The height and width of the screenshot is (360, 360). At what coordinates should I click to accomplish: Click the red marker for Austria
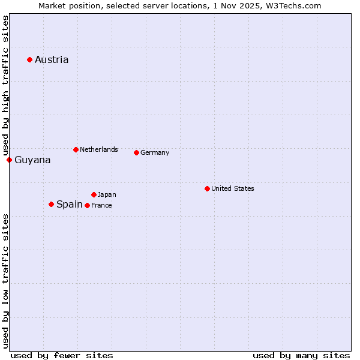coord(29,59)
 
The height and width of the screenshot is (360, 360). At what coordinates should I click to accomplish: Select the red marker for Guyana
coord(9,160)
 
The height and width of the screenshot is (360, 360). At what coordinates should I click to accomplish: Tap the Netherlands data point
coord(76,149)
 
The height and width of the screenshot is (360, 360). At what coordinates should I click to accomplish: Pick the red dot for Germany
coord(136,152)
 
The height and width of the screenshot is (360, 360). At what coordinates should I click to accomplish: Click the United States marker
coord(207,188)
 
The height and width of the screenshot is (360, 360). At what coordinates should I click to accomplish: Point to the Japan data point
coord(94,194)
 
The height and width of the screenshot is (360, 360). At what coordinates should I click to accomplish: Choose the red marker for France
coord(87,205)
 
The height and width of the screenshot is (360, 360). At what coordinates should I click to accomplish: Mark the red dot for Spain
coord(51,204)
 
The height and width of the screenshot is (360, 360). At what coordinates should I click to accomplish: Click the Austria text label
coord(52,59)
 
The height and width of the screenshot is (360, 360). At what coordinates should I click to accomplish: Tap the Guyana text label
coord(32,160)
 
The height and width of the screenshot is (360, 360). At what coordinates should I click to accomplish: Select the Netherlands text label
coord(99,149)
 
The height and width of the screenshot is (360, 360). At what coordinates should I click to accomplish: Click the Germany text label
coord(155,152)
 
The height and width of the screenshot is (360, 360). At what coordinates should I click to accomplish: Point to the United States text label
coord(233,188)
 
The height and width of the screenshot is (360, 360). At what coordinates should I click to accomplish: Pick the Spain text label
coord(70,204)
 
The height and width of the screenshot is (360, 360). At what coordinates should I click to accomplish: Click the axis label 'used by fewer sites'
coord(62,355)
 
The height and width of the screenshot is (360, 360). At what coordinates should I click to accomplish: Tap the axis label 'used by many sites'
coord(301,355)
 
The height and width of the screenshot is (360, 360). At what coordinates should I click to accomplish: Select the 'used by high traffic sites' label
coord(5,86)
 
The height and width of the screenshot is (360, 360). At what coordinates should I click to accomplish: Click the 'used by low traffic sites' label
coord(5,280)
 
